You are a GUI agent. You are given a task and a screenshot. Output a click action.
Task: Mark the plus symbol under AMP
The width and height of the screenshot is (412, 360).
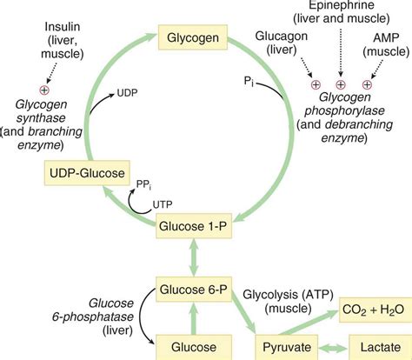[x=366, y=86]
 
